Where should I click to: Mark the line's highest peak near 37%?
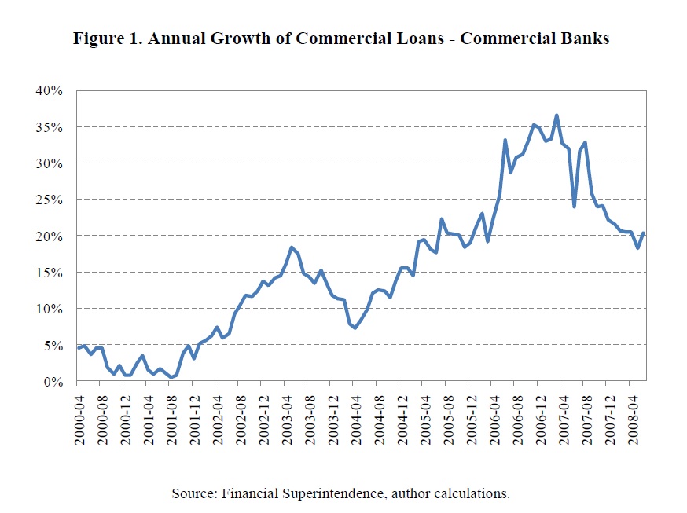tap(557, 115)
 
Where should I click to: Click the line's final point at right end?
tap(645, 233)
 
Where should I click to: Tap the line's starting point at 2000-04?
tap(78, 348)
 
